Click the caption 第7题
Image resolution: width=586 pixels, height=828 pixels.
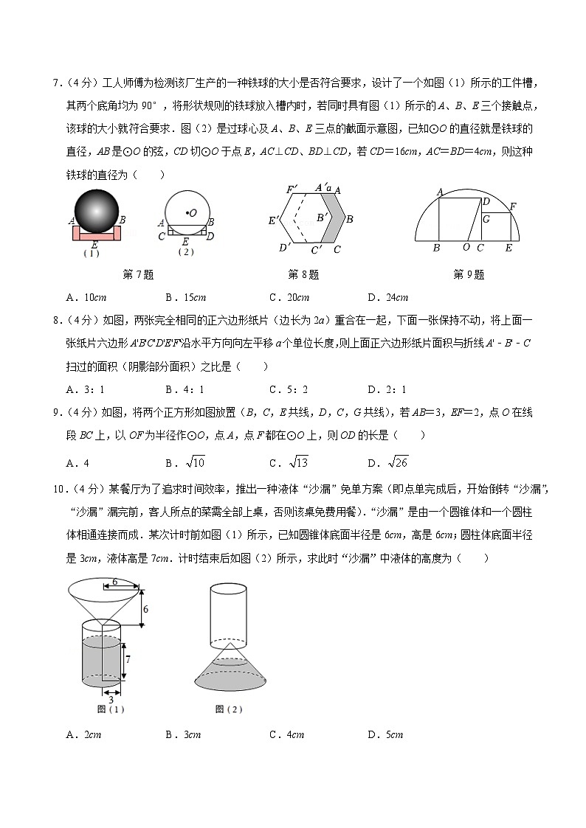(138, 275)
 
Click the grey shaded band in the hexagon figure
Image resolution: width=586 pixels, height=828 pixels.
(334, 219)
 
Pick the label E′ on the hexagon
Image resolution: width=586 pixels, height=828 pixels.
(273, 220)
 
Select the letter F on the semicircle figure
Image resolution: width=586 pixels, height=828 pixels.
(513, 206)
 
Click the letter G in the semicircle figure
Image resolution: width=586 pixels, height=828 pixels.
(486, 219)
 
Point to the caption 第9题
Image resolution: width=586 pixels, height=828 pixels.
(469, 275)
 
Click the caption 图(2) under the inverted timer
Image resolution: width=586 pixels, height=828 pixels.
(229, 709)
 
